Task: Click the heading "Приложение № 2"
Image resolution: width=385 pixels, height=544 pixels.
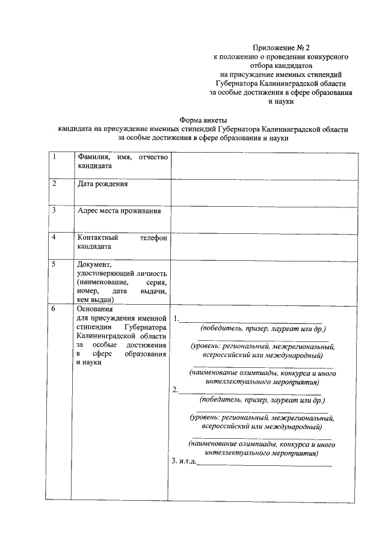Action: point(283,46)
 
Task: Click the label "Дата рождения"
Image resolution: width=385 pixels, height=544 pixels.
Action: point(103,184)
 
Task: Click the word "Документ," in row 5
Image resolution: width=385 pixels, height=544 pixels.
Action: point(94,264)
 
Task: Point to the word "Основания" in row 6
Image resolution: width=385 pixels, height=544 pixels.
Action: point(96,309)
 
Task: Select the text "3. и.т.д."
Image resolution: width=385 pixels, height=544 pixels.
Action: point(184,462)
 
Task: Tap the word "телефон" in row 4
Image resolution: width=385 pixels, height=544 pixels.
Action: point(153,237)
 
